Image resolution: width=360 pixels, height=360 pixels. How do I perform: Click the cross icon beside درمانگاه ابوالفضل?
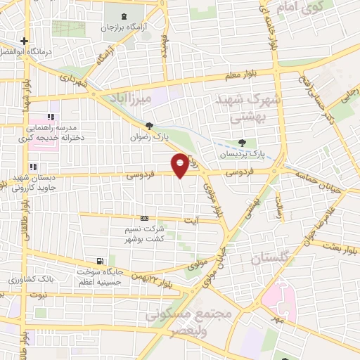tap(25, 41)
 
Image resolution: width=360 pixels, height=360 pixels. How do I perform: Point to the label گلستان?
tap(269, 258)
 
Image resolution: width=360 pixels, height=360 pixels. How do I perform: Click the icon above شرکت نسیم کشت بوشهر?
tap(145, 218)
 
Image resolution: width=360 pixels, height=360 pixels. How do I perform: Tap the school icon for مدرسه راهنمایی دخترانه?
tap(50, 117)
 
